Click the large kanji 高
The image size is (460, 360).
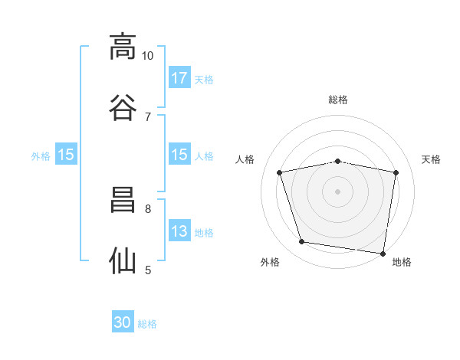(123, 47)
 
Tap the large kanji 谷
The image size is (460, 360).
(123, 107)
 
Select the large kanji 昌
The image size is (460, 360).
(123, 200)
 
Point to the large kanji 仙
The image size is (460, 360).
(123, 260)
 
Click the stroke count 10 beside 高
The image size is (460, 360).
(147, 56)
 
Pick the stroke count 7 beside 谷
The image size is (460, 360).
(148, 117)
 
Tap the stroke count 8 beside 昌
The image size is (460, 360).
(148, 209)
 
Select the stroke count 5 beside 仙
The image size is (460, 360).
(148, 270)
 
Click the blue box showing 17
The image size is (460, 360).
(179, 77)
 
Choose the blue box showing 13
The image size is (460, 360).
(179, 230)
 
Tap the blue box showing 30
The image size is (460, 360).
(123, 321)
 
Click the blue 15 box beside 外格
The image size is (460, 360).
(66, 154)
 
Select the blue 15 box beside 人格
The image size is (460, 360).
(179, 154)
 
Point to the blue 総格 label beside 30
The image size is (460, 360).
(147, 324)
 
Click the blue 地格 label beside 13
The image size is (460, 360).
(204, 233)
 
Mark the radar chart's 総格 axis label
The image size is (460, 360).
(338, 100)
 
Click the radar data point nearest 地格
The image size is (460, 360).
(383, 254)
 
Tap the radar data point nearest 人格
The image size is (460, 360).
(279, 172)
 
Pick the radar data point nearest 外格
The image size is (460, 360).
(301, 242)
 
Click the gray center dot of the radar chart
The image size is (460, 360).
(337, 191)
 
